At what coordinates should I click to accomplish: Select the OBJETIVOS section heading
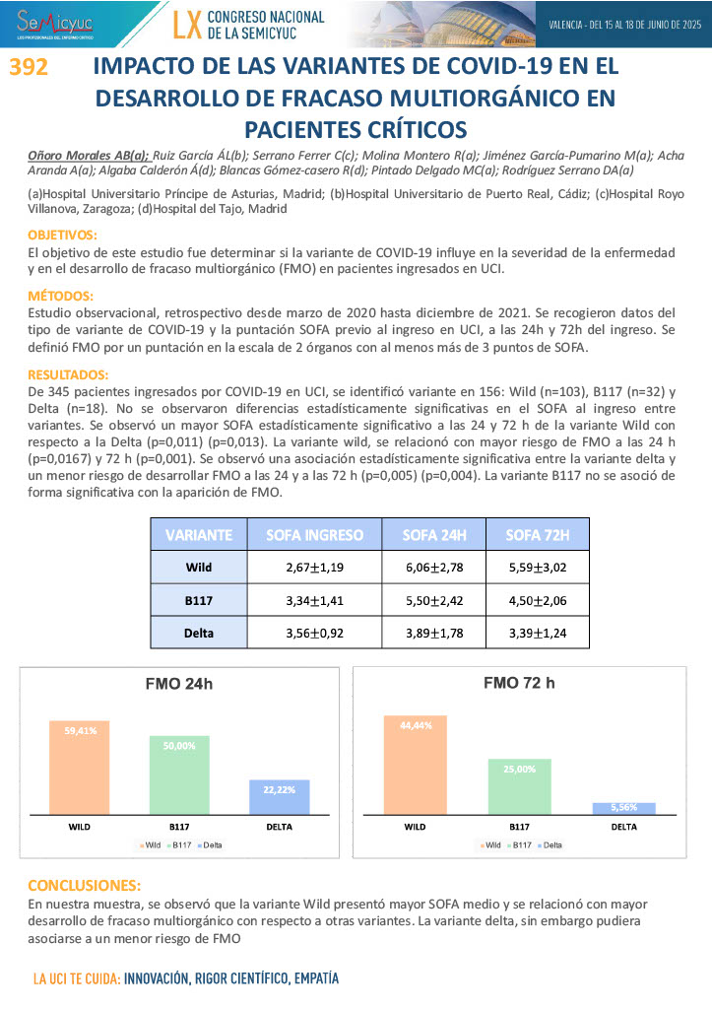point(62,235)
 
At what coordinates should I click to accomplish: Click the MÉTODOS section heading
point(60,296)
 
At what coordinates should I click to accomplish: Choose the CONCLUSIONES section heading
point(84,885)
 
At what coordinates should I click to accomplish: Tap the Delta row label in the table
point(199,633)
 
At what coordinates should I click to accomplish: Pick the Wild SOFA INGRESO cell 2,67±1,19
point(314,568)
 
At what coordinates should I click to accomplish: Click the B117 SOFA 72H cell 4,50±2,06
point(536,600)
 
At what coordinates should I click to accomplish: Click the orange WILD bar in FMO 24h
point(80,767)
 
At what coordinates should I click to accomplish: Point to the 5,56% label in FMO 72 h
point(623,807)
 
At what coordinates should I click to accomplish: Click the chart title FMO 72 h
point(519,683)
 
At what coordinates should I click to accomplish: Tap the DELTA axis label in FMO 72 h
point(623,827)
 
